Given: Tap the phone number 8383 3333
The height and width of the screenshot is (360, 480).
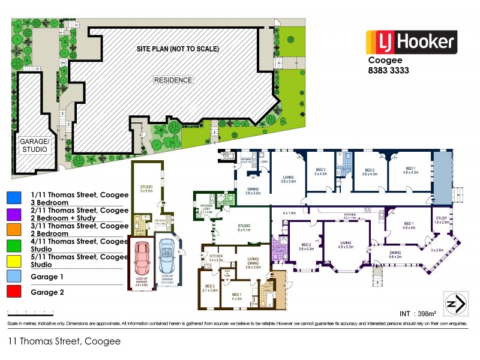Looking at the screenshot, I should (x=388, y=70).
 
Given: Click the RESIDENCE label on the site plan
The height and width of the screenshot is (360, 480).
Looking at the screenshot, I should (x=173, y=80).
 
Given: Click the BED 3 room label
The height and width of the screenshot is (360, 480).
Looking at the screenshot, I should (x=321, y=172).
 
